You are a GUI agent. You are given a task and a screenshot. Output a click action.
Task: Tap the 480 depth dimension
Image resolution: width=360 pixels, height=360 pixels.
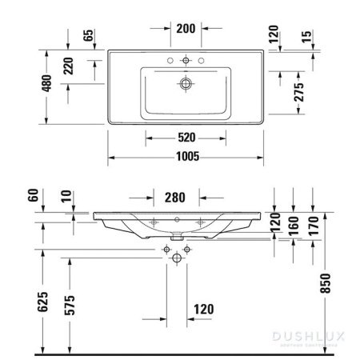click(x=47, y=82)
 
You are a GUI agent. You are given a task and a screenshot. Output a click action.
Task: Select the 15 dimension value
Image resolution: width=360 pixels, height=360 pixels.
click(x=306, y=37)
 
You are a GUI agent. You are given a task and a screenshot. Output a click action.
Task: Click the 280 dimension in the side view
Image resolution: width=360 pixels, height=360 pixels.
click(x=177, y=196)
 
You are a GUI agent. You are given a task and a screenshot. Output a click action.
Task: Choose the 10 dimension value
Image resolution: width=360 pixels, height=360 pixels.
click(x=66, y=196)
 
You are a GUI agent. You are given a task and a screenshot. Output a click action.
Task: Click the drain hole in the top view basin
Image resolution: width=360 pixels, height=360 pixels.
click(x=185, y=82)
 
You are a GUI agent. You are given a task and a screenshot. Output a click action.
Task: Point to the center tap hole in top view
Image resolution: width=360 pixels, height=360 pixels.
click(x=185, y=59)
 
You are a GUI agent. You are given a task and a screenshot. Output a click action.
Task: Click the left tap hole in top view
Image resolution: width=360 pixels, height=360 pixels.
click(x=171, y=59)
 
